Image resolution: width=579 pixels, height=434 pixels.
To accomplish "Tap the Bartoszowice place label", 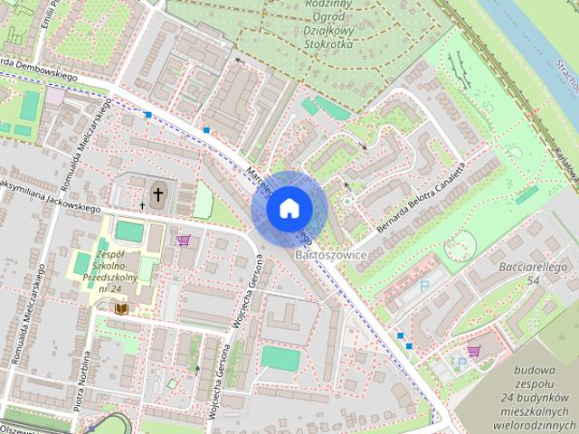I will pyautogui.click(x=331, y=257).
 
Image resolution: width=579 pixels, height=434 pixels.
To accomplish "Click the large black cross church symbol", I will pyautogui.click(x=157, y=193).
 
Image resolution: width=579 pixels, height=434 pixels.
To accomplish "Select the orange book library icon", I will pyautogui.click(x=120, y=309).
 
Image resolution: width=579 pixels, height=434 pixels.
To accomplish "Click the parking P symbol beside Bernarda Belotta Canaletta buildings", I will pyautogui.click(x=425, y=286).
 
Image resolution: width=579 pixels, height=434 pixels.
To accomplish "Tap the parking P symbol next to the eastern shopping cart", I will pyautogui.click(x=461, y=363).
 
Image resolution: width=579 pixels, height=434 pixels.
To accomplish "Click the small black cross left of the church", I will pyautogui.click(x=142, y=206).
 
